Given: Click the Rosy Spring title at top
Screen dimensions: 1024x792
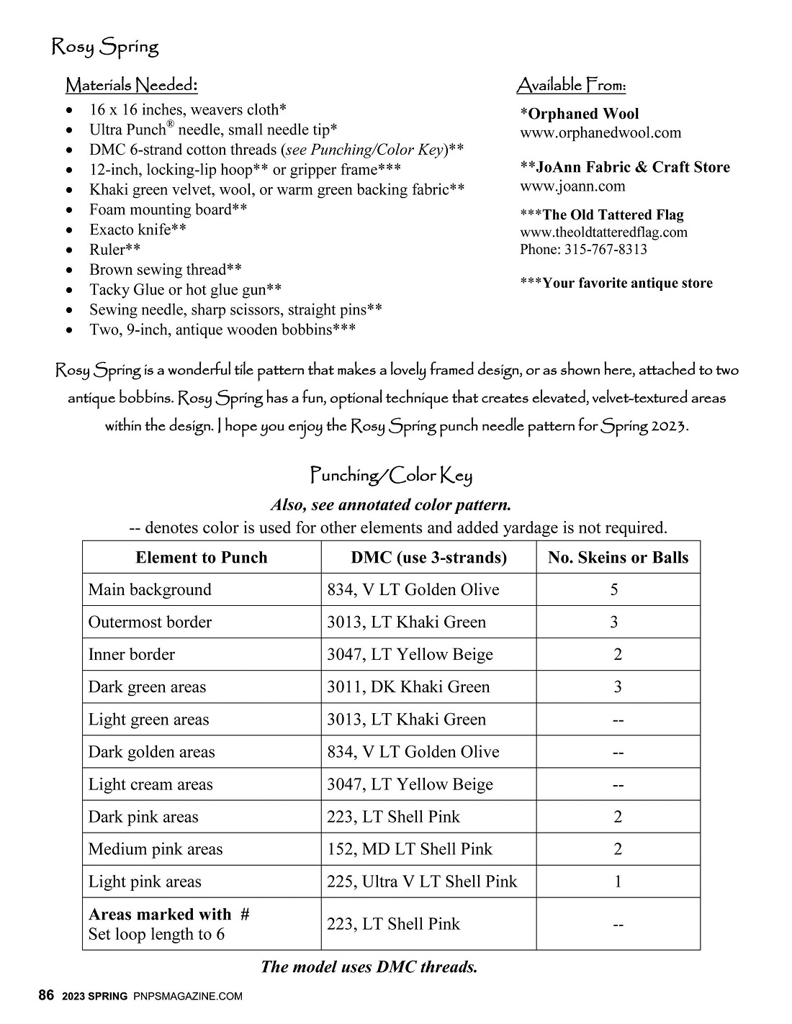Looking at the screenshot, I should click(104, 47).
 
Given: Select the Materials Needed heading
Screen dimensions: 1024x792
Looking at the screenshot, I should click(131, 86).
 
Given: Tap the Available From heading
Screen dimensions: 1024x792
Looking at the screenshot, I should click(571, 86).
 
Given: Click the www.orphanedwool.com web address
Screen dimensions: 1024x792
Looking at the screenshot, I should click(600, 132).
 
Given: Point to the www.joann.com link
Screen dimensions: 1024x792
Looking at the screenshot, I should click(572, 186).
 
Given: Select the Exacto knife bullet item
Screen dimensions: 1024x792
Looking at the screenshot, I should click(138, 230).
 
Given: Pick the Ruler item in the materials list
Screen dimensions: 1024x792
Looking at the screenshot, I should click(114, 250).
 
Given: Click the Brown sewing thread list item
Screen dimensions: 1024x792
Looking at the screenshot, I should click(165, 270).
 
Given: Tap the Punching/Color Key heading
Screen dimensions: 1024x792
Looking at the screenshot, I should click(391, 475).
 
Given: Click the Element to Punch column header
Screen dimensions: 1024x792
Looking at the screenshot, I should click(202, 558).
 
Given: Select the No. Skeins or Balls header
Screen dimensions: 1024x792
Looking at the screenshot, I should click(618, 558).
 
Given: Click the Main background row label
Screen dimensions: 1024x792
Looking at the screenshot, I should click(150, 590).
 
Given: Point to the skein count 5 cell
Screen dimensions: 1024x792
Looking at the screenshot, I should click(614, 590).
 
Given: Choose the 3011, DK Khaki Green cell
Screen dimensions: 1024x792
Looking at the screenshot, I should click(408, 687).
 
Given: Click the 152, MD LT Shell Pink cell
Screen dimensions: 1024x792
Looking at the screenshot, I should click(410, 849).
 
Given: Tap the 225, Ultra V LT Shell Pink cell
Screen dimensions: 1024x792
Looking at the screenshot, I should click(422, 882).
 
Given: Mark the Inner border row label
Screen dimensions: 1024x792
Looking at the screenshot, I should click(132, 655).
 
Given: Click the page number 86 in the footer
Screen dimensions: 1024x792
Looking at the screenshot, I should click(46, 996).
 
